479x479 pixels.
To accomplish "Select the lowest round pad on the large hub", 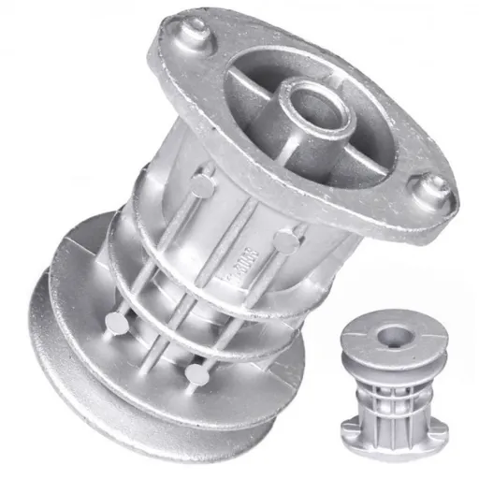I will point(196,373).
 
